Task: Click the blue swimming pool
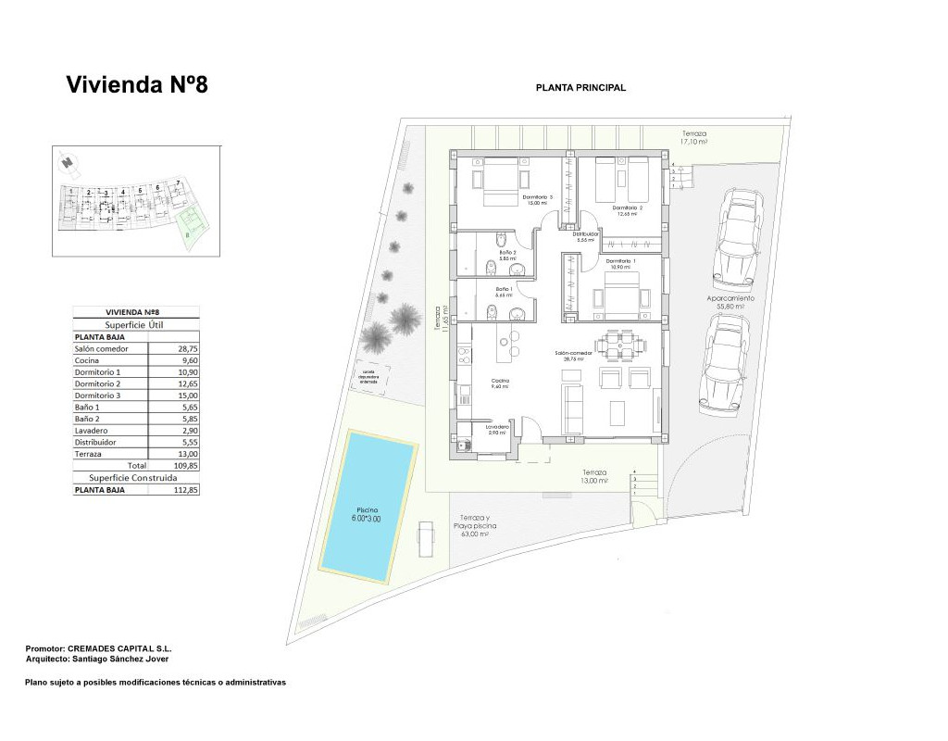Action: tap(368, 509)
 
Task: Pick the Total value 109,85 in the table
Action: tap(186, 465)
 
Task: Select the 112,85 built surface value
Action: tap(186, 490)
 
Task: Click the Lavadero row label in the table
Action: tap(90, 431)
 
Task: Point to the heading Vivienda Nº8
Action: tap(137, 85)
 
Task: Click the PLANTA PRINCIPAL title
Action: tap(580, 88)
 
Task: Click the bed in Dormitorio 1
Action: tap(617, 296)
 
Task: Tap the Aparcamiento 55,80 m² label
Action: tap(730, 302)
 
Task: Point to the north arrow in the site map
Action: tap(66, 164)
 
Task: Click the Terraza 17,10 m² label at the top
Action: tap(693, 138)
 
